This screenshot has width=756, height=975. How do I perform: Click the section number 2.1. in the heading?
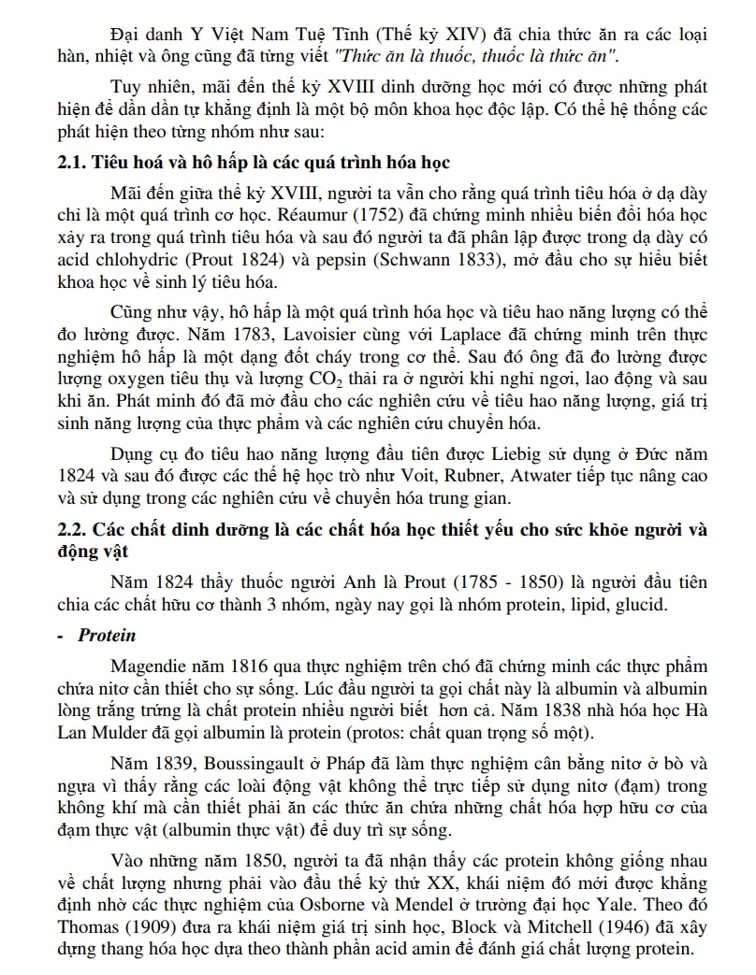[x=71, y=163]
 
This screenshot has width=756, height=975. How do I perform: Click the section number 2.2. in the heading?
[x=71, y=527]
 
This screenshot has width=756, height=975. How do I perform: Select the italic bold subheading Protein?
[x=107, y=636]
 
